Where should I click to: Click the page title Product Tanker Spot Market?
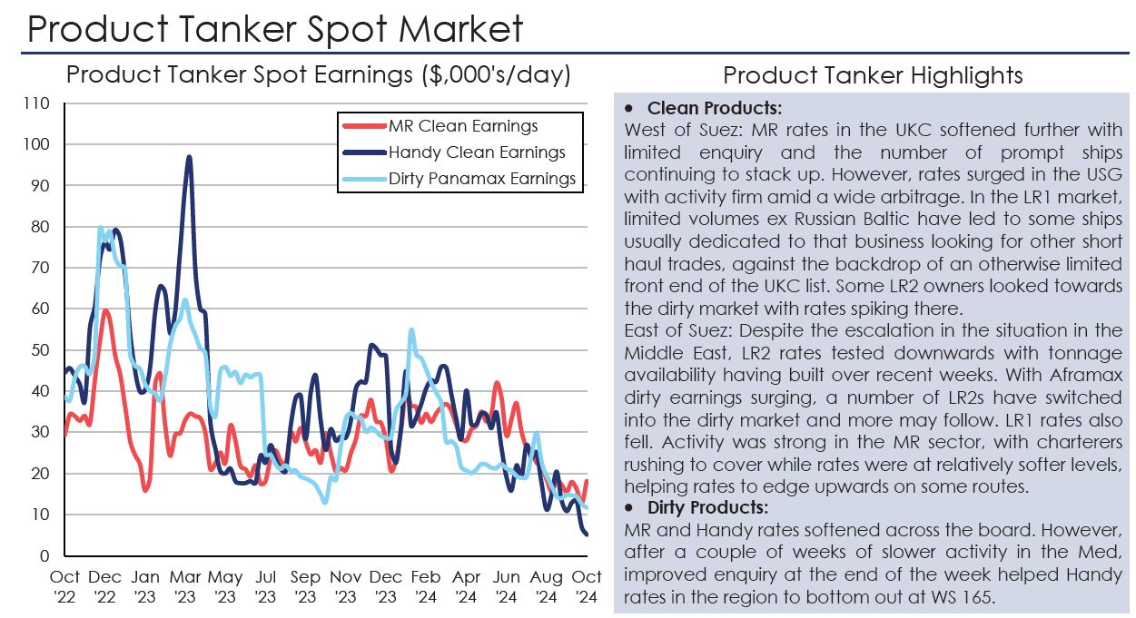pos(275,29)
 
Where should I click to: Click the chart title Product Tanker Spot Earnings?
pos(318,75)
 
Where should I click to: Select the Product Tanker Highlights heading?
pos(873,75)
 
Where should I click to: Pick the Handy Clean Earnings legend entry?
pos(476,152)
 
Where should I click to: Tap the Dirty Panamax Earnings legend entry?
pos(481,179)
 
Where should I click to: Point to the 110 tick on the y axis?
pos(36,103)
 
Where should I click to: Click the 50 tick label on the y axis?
pos(40,350)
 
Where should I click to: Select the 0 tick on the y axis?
pos(44,556)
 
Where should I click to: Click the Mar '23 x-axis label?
pos(184,586)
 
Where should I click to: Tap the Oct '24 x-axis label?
pos(586,586)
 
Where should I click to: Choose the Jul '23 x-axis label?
pos(265,586)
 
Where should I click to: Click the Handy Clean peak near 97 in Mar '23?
pos(189,157)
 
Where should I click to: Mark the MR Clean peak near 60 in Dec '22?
pos(106,310)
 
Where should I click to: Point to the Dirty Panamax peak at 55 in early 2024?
pos(411,330)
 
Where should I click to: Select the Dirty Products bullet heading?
pos(707,507)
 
